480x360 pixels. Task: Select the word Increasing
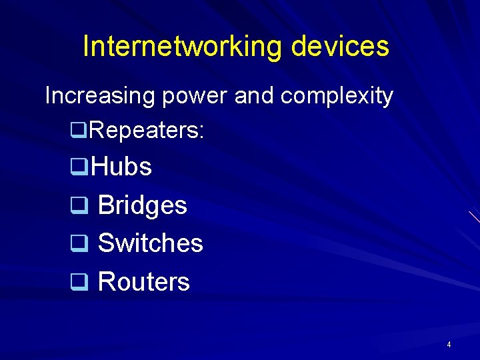99,97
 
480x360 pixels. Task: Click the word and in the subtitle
255,96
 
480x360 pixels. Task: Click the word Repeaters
143,131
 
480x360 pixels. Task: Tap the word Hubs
121,167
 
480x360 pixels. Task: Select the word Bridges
142,206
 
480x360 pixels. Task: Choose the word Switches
150,243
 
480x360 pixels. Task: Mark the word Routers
143,282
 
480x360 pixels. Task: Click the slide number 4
449,345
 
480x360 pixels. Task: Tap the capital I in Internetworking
86,46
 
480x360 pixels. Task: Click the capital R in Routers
105,282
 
